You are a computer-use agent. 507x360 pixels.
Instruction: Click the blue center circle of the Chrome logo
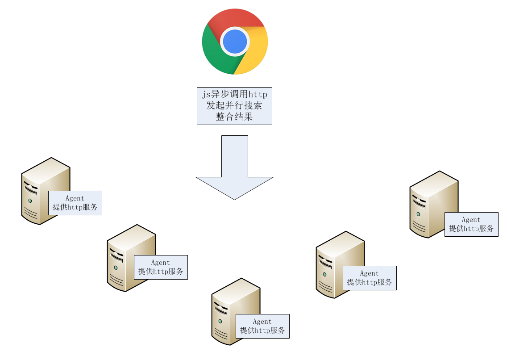[235, 41]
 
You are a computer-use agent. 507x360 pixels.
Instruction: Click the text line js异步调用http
[234, 95]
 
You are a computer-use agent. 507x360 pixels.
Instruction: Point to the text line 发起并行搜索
[234, 106]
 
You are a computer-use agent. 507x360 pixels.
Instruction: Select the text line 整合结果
[234, 117]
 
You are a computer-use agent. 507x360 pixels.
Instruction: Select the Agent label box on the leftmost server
[75, 203]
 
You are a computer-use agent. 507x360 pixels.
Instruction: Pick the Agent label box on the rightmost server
[471, 224]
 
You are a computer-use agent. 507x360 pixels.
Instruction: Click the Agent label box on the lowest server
[262, 326]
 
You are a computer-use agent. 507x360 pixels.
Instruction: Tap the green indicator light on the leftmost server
[30, 201]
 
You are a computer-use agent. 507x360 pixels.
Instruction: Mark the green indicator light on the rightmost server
[418, 214]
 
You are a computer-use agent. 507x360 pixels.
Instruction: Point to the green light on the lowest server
[220, 321]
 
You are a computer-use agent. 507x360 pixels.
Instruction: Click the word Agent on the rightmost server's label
[471, 220]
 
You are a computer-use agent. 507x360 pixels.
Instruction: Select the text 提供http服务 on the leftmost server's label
[75, 207]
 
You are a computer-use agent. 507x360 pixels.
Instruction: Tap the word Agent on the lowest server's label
[262, 322]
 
